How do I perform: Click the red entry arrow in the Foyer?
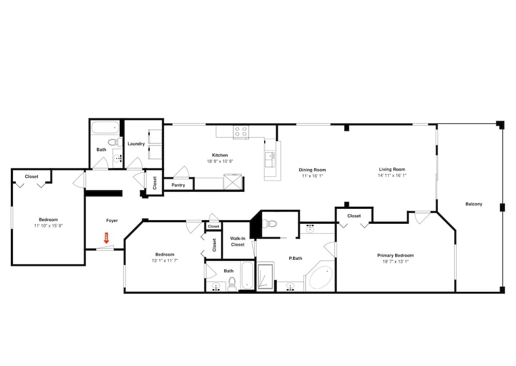[x=107, y=238]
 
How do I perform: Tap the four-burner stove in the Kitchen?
[x=240, y=132]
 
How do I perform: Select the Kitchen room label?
[x=220, y=155]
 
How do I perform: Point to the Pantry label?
[x=178, y=185]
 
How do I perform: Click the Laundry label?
[x=136, y=144]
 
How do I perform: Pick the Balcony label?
[x=474, y=204]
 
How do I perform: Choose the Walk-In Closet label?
[x=237, y=241]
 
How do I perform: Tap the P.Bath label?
[x=295, y=258]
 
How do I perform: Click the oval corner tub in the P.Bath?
[x=321, y=279]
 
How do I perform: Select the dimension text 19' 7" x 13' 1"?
[x=395, y=261]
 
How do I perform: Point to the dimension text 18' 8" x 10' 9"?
[x=220, y=161]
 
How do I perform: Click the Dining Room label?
[x=312, y=170]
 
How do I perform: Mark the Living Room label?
[x=392, y=169]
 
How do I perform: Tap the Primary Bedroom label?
[x=395, y=255]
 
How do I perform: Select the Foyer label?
[x=112, y=221]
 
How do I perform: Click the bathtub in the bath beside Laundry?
[x=105, y=127]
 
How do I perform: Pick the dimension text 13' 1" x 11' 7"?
[x=165, y=260]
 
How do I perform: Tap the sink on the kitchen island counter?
[x=269, y=160]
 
